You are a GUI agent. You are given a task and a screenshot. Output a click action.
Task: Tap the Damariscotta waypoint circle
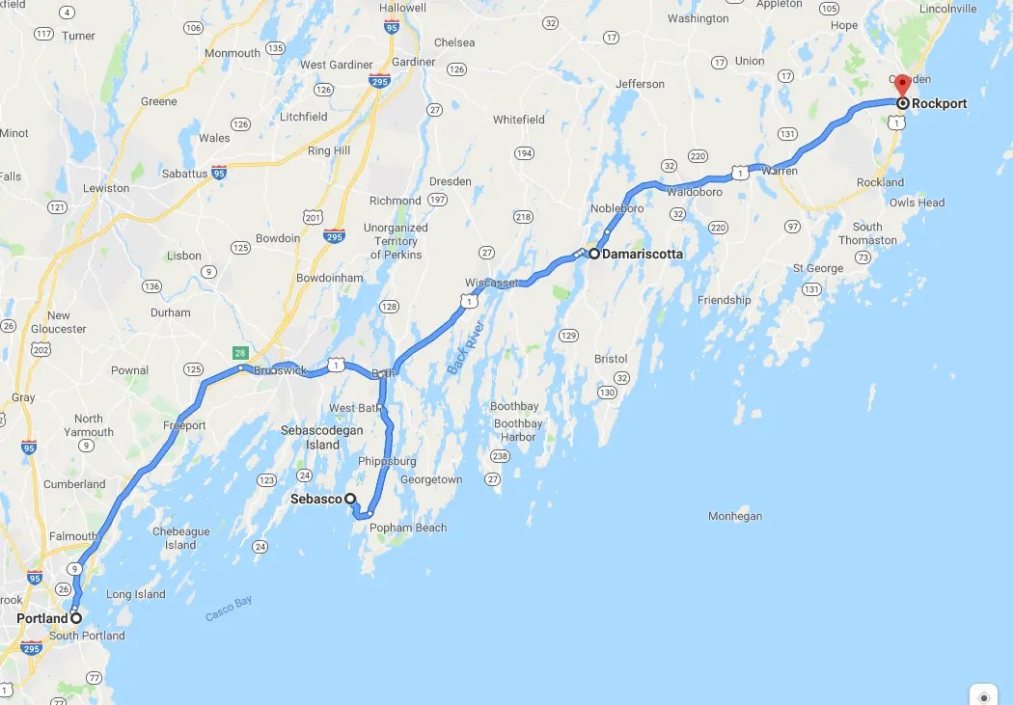point(593,254)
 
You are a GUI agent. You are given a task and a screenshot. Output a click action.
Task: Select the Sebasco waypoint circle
point(351,500)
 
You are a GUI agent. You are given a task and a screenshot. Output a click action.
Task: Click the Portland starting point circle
point(76,617)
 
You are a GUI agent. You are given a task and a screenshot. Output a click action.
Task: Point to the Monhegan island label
point(735,516)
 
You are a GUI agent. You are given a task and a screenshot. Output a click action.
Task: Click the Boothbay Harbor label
point(517,430)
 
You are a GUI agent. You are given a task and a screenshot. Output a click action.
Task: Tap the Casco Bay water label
point(229,609)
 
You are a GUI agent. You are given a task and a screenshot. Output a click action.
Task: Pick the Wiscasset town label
point(491,283)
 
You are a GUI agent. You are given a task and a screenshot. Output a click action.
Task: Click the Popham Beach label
point(409,528)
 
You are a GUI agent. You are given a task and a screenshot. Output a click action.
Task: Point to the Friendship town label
point(725,300)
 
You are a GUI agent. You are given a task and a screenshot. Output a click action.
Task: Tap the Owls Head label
point(917,203)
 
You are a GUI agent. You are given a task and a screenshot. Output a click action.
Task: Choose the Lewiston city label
point(106,188)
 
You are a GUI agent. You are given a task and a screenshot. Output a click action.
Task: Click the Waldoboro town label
point(695,192)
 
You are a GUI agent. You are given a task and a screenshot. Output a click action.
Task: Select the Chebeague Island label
point(180,538)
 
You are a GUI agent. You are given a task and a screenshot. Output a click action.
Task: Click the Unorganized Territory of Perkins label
point(396,241)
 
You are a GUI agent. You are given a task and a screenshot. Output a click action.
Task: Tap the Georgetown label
point(431,479)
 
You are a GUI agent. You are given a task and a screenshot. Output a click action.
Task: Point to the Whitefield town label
point(519,120)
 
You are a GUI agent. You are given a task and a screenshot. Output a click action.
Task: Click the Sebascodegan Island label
point(322,438)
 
